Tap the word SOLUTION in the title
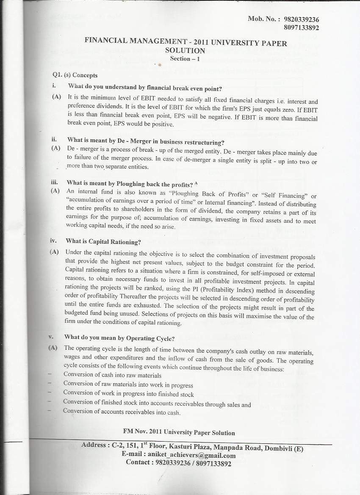[x=185, y=50]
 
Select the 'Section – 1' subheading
[x=185, y=58]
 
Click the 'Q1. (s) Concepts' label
[x=75, y=75]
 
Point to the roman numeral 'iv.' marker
[x=53, y=241]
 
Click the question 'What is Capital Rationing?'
[x=103, y=241]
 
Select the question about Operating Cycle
[x=119, y=337]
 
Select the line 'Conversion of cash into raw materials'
[x=112, y=375]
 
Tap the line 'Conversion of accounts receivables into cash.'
[x=122, y=412]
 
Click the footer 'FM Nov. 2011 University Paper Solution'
[x=179, y=432]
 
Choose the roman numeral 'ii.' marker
[x=54, y=139]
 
